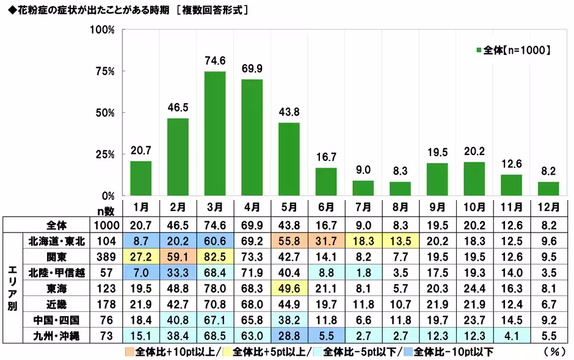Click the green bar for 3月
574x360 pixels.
215,134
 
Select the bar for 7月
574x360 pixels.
363,189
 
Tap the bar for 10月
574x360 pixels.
474,179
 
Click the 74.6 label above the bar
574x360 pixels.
215,60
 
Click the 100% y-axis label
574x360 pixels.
101,30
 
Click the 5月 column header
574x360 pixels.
289,206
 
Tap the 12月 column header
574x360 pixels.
549,206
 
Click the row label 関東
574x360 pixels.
56,256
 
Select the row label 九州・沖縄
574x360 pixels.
56,336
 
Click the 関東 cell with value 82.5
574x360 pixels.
215,256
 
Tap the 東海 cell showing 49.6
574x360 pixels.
289,288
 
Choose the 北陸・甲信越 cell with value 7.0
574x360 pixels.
140,272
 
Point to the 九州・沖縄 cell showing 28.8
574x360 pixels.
289,336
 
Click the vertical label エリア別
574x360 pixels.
12,288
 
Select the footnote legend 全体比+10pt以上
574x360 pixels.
174,351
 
